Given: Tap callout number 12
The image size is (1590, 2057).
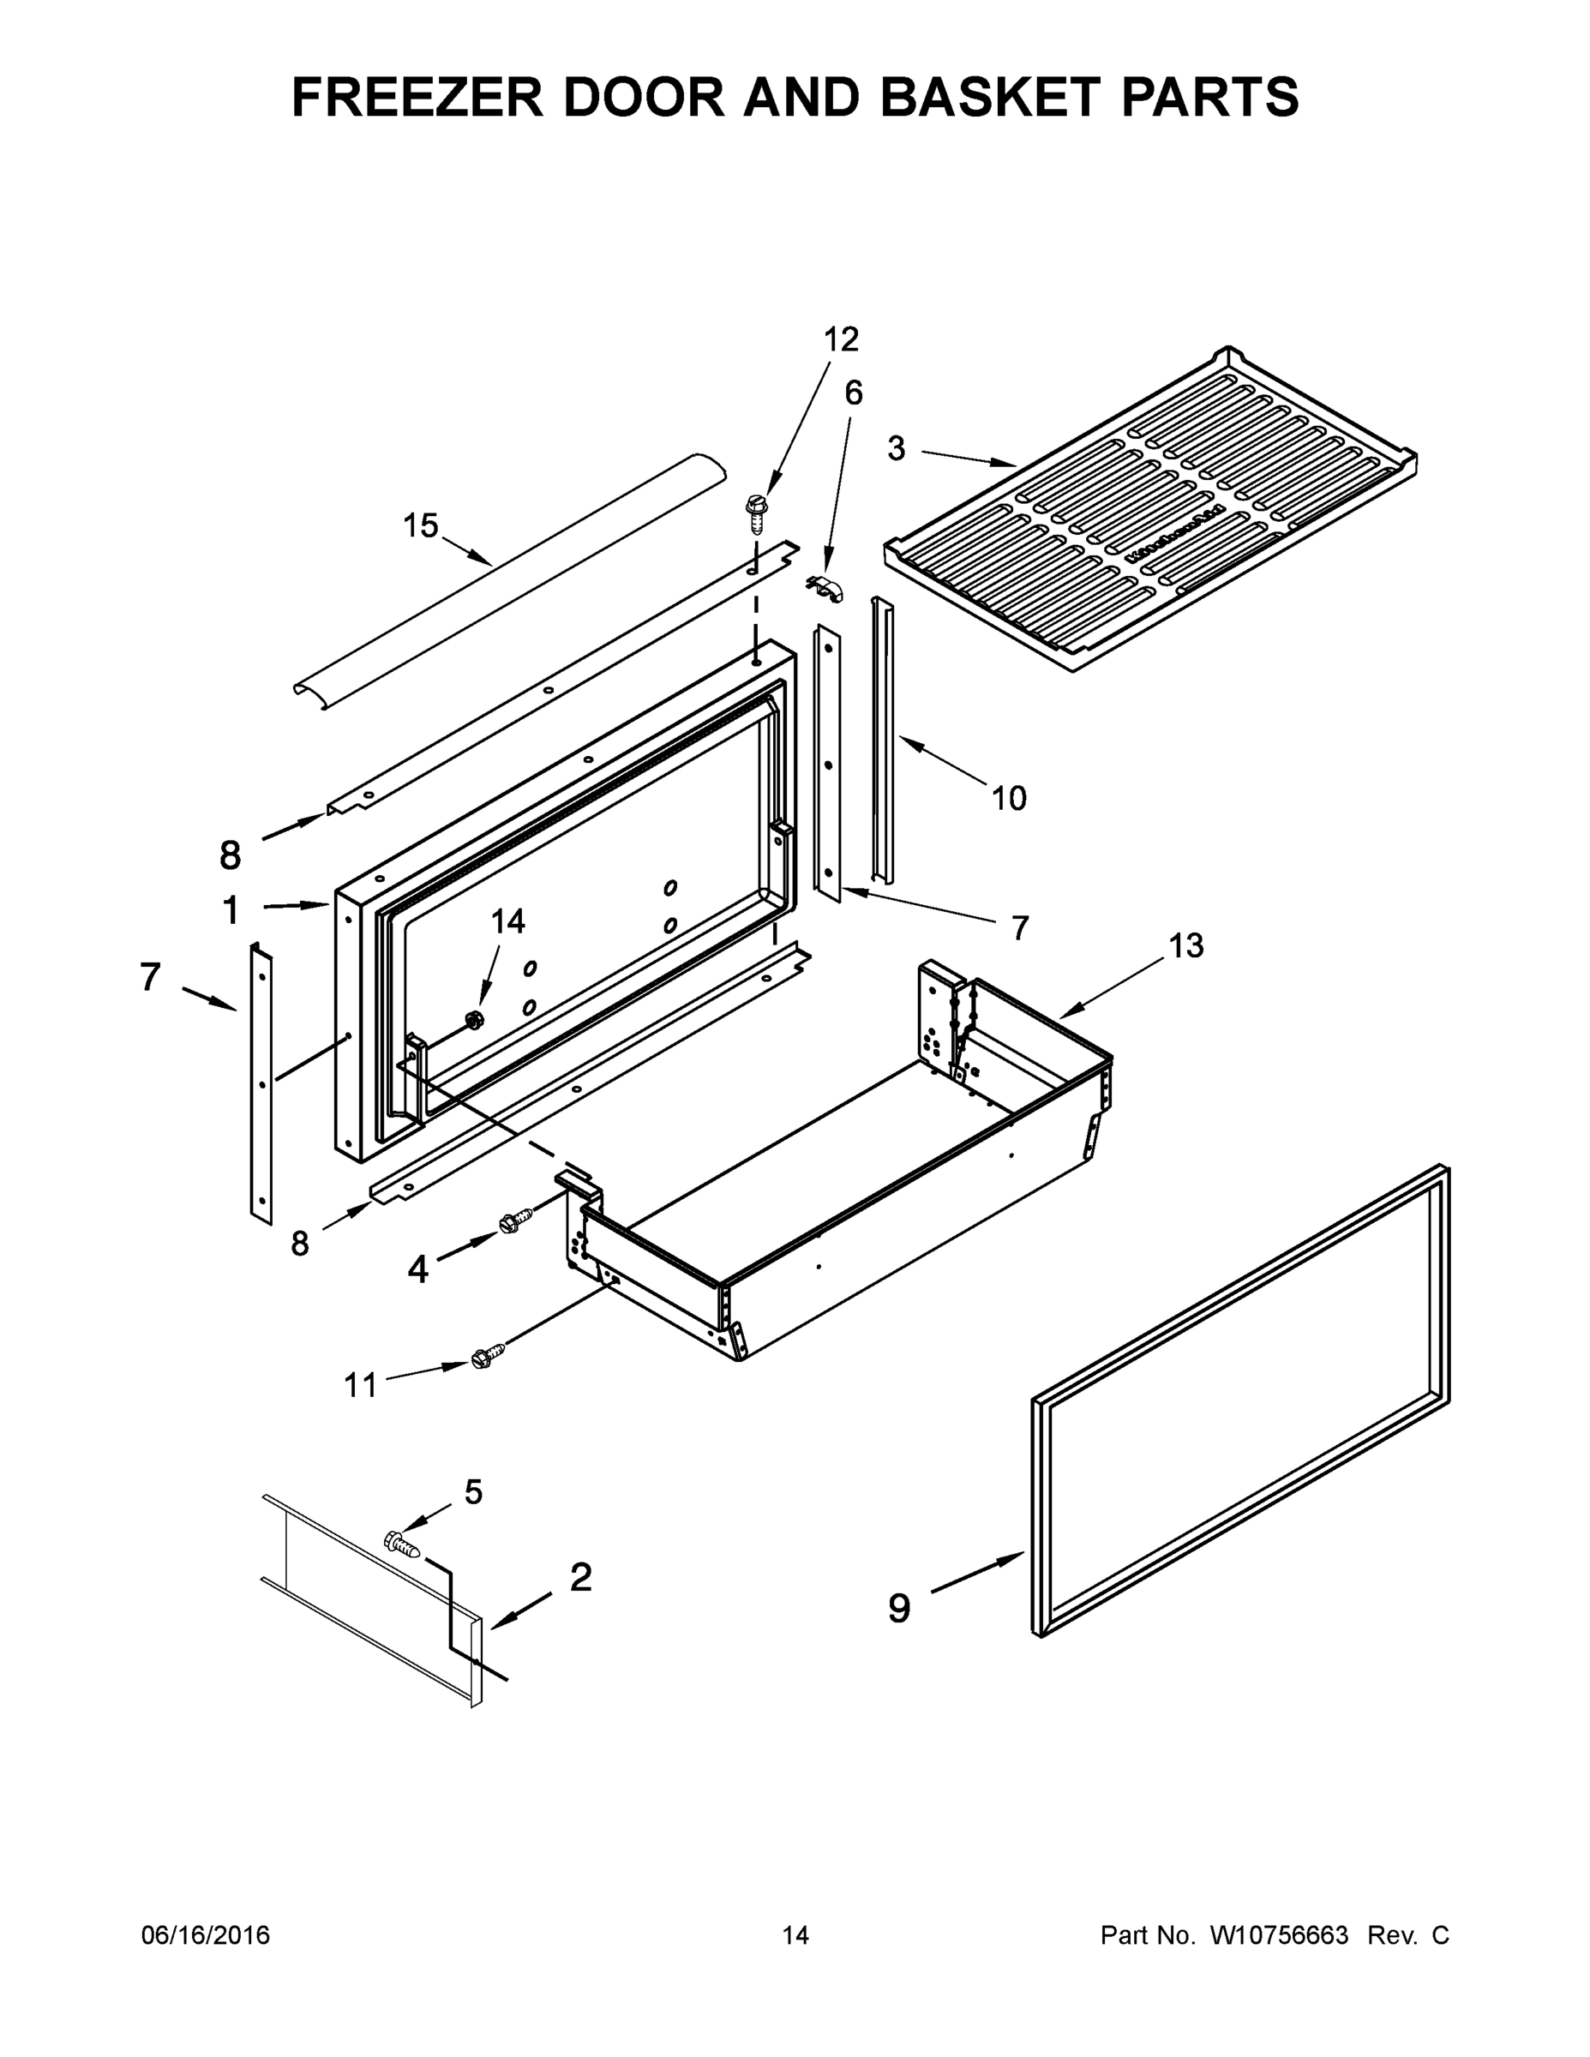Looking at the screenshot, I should [841, 339].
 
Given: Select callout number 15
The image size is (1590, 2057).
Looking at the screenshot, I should [421, 525].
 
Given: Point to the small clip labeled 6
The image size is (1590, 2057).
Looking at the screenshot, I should [826, 589].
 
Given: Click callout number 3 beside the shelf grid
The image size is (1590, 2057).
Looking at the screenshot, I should [896, 449].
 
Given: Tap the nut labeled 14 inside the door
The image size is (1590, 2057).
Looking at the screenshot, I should [474, 1019].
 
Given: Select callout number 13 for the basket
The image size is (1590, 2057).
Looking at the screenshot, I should [1186, 945].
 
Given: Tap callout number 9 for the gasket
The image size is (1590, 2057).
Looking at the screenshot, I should [899, 1608].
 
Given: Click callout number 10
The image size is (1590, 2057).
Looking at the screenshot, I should [1008, 799].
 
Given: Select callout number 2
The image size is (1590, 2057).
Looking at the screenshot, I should [581, 1577].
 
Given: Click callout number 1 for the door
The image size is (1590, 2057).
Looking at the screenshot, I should [231, 911].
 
